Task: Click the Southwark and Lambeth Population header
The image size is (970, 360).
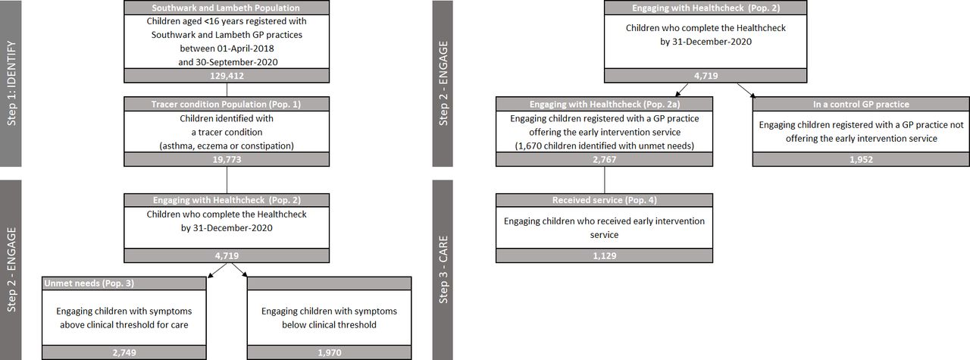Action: tap(226, 8)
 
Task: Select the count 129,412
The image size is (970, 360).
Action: tap(227, 76)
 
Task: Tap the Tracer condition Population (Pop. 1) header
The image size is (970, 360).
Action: tap(226, 104)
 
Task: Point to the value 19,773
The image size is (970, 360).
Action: tap(227, 159)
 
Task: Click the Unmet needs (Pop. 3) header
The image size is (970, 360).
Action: tap(89, 283)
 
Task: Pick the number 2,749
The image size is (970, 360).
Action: tap(124, 352)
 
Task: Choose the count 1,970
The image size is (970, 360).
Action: tap(330, 352)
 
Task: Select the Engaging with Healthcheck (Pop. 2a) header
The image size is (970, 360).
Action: tap(605, 104)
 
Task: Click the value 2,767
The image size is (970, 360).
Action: tap(605, 159)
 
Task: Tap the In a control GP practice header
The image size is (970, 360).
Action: tap(861, 104)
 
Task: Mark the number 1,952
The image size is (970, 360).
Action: tap(861, 159)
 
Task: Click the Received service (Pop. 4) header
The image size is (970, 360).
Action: tap(605, 200)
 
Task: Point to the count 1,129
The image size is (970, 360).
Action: tap(605, 255)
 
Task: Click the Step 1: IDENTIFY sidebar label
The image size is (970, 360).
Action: tap(11, 83)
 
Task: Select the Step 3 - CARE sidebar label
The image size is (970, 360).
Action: tap(443, 270)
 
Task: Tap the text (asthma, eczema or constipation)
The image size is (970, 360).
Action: tap(227, 146)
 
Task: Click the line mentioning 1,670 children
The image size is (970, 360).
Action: tap(605, 146)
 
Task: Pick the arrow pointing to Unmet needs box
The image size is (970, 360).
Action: tap(217, 270)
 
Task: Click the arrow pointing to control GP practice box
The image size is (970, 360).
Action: tap(746, 90)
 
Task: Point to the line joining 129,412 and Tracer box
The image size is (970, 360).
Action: tap(227, 89)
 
